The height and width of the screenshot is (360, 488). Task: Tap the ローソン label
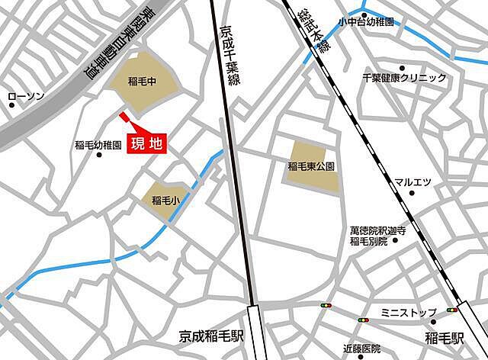(27, 97)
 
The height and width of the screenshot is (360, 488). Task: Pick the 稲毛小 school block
(165, 201)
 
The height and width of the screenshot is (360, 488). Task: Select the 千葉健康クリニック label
(404, 78)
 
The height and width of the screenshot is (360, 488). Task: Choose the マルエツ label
(413, 181)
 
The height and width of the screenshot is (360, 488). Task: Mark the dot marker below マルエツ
(413, 193)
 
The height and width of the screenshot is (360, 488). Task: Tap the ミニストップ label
(408, 313)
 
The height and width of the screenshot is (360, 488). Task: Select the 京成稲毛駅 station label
(211, 335)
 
